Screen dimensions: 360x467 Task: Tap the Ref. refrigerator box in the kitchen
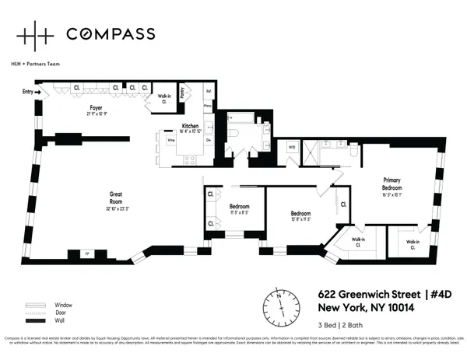point(208,90)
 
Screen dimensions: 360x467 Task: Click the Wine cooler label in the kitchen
point(170,141)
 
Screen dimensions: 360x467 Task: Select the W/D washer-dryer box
point(292,145)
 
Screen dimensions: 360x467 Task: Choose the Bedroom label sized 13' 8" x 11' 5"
point(301,215)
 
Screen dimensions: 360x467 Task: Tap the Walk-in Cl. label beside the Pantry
point(164,97)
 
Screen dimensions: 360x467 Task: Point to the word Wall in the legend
point(59,320)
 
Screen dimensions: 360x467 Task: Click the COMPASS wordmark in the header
point(110,33)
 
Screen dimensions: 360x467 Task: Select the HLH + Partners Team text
point(36,64)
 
